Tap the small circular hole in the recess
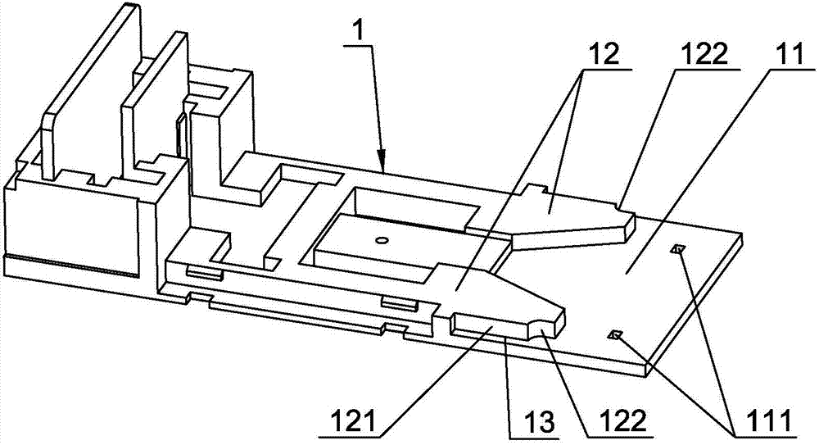(x=380, y=240)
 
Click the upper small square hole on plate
(x=676, y=249)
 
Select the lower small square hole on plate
(x=616, y=334)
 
